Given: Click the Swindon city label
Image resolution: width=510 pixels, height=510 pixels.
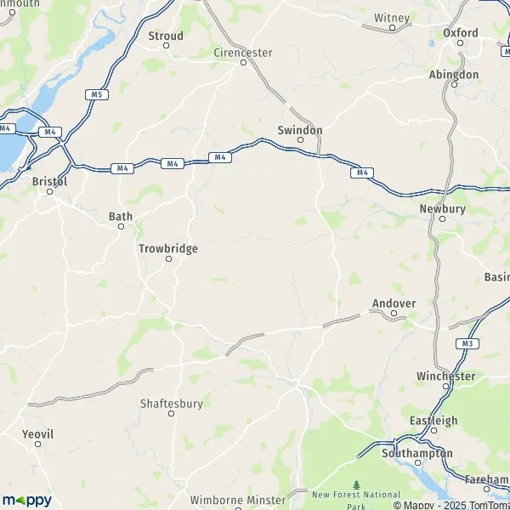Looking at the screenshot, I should (300, 130).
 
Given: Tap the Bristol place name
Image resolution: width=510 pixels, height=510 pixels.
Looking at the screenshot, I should (49, 181).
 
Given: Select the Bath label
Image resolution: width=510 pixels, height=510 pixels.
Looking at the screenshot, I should (121, 217).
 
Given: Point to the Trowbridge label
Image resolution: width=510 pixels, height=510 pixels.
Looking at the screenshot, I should (167, 248).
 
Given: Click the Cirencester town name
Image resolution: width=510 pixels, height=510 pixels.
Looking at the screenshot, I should (242, 53).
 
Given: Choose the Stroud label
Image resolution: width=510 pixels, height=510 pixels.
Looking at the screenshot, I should (166, 36).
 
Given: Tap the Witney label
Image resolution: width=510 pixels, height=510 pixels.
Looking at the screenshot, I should (392, 18).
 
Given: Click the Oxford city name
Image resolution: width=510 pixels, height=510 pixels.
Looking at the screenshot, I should (461, 32).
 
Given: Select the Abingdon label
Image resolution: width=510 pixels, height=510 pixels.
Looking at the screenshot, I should (454, 75).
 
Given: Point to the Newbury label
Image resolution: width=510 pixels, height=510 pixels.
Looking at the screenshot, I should (442, 208).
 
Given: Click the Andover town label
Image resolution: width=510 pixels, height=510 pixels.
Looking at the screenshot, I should (394, 303).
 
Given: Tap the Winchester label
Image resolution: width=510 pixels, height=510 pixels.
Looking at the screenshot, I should (445, 376).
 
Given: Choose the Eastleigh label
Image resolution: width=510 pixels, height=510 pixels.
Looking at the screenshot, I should (433, 421).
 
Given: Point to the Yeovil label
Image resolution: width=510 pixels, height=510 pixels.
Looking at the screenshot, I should (38, 433).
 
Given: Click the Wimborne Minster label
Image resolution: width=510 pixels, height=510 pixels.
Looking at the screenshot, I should (226, 501).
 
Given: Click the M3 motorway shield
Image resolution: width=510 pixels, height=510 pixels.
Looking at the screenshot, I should (467, 343).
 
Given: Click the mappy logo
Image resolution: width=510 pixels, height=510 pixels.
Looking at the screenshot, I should (27, 501).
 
